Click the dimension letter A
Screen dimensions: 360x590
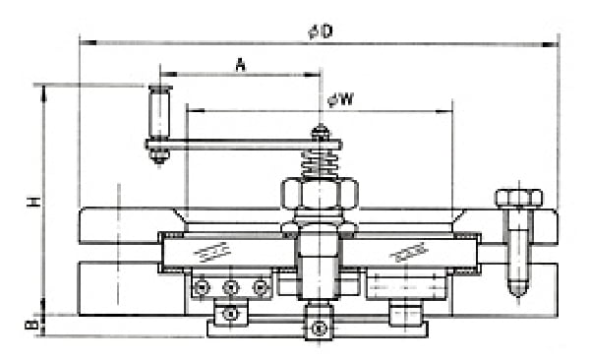[x=239, y=65]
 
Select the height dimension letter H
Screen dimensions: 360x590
[x=33, y=201]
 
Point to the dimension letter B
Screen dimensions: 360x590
[x=33, y=323]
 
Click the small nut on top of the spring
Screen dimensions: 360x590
[x=320, y=132]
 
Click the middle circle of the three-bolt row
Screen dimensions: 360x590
[x=231, y=287]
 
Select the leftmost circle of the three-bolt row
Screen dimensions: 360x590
[x=202, y=287]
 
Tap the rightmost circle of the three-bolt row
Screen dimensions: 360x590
[x=261, y=287]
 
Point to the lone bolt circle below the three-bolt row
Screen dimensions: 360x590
[x=231, y=314]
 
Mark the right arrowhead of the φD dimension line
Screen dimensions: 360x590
[x=552, y=42]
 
